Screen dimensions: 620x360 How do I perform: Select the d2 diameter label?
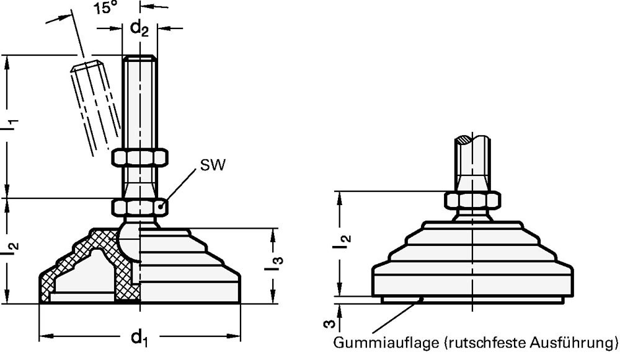pyautogui.click(x=139, y=29)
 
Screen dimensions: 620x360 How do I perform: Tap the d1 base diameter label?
pyautogui.click(x=139, y=338)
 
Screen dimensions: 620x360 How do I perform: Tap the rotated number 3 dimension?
pyautogui.click(x=330, y=324)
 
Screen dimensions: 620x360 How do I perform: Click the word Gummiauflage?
pyautogui.click(x=386, y=342)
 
